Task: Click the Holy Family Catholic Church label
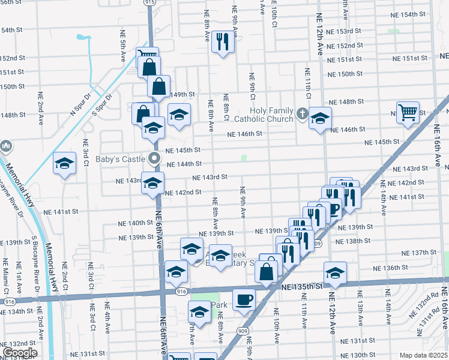pos(271,114)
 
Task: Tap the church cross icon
pos(302,112)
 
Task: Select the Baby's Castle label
pos(121,159)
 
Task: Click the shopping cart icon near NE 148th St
pos(408,112)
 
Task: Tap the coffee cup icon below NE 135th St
pos(243,299)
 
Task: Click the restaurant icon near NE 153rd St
pos(223,41)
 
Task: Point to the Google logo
pos(19,353)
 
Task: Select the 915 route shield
pos(149,3)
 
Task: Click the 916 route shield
pos(181,291)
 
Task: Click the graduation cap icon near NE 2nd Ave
pos(65,163)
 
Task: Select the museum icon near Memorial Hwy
pos(6,146)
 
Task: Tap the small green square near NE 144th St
pos(244,158)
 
